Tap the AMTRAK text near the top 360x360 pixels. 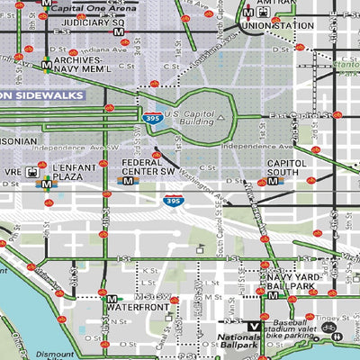coord(272,5)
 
